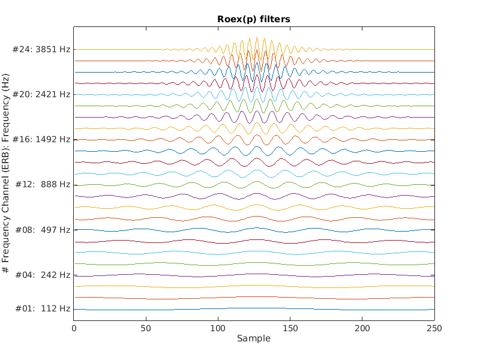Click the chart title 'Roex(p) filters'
253,19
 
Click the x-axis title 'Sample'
253,338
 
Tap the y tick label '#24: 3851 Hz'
41,49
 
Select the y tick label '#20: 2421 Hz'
41,94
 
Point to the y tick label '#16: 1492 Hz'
41,139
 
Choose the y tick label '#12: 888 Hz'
41,184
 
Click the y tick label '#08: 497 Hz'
41,230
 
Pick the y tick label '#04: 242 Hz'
41,275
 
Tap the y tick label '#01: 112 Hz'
41,309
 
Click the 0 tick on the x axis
74,328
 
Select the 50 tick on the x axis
146,328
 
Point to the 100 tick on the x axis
218,328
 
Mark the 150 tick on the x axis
290,328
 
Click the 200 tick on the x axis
362,328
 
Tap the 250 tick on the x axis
434,328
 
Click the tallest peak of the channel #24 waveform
257,37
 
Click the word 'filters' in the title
276,19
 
